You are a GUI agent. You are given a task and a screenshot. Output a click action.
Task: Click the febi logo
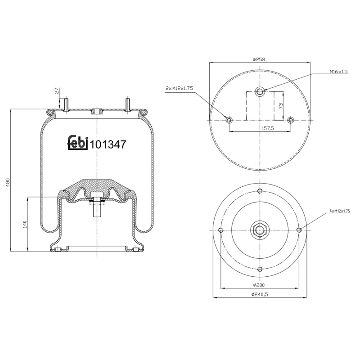tap(77, 143)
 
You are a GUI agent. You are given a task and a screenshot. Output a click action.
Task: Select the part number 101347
tap(108, 144)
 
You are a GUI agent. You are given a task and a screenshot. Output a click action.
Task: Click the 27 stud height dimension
tap(57, 91)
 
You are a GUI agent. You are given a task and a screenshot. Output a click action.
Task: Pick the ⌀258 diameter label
tap(260, 59)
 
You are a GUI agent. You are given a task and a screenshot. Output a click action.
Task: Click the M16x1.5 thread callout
tap(338, 72)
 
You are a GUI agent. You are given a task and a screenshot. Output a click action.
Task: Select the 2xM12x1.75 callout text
tap(179, 89)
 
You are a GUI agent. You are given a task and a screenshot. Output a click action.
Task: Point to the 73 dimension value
tap(280, 106)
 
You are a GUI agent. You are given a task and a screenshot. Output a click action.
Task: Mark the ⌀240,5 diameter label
tap(260, 294)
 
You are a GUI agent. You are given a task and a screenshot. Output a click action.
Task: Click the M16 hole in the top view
tap(260, 92)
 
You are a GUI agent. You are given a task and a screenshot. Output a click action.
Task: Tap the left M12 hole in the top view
tap(229, 120)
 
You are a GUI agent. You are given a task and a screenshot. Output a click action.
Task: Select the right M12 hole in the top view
tap(291, 120)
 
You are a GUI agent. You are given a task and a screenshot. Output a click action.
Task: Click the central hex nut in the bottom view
tap(260, 230)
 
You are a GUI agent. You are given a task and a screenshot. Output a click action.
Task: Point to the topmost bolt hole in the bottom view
tap(260, 192)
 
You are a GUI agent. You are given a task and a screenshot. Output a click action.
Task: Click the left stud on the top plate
tap(66, 104)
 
